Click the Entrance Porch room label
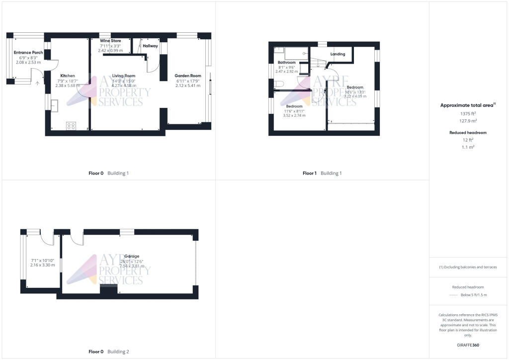pos(28,52)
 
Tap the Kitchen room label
pos(68,76)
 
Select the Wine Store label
pos(110,40)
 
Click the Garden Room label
pos(188,76)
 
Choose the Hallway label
pos(150,46)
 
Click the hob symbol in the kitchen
pos(71,126)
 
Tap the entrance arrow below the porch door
pos(37,83)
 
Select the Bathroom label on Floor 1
pos(286,62)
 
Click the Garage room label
pos(132,256)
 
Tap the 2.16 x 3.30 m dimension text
pos(42,266)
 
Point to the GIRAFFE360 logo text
pos(467,345)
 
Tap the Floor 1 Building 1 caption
pos(322,173)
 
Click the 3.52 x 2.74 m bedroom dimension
pos(294,115)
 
